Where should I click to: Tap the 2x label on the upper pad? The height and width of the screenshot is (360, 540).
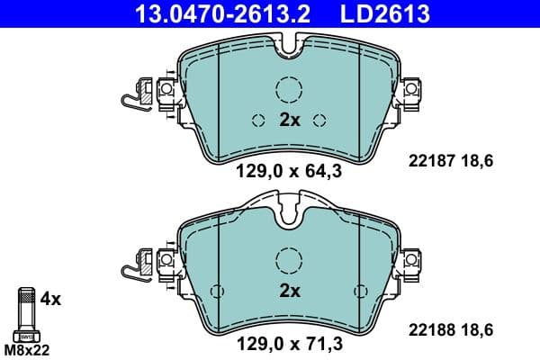tap(289, 120)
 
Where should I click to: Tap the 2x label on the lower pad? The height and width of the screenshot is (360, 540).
tap(289, 291)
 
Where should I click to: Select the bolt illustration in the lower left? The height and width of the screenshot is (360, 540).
tap(26, 310)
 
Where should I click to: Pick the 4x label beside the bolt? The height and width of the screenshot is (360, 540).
tap(51, 298)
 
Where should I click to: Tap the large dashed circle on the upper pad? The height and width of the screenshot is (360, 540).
tap(289, 89)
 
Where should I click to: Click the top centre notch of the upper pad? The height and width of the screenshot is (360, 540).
tap(289, 45)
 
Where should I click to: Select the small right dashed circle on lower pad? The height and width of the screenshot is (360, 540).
tap(361, 291)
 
